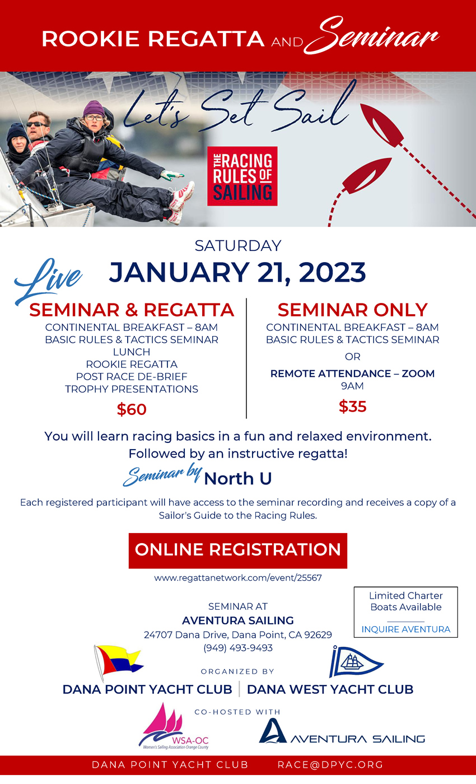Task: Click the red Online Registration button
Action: click(237, 550)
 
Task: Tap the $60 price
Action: click(132, 409)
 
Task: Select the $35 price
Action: click(352, 407)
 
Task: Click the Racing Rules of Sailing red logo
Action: click(242, 176)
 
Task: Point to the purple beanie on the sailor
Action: click(94, 109)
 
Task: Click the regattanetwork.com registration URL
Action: click(237, 578)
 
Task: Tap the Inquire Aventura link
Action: click(405, 629)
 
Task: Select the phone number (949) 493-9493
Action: click(238, 648)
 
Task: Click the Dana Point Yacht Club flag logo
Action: click(118, 662)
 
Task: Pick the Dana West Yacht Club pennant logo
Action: click(355, 661)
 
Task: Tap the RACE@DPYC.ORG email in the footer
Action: click(330, 765)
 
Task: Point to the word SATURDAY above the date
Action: click(238, 246)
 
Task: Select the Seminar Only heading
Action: click(352, 310)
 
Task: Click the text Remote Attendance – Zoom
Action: click(352, 374)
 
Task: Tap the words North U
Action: click(238, 478)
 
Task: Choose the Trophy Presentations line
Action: click(132, 389)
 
